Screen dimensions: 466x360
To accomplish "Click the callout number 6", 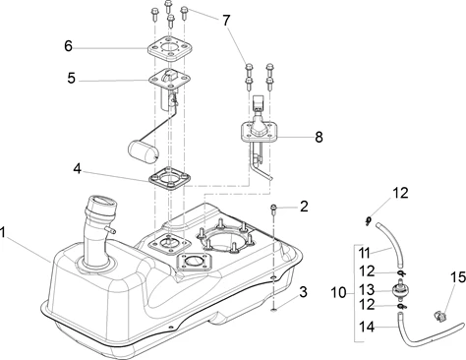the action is [x=68, y=46].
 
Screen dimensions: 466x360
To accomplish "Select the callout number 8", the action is [x=319, y=137].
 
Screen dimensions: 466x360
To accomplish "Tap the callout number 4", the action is [x=77, y=169].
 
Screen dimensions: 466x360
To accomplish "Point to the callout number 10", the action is [x=338, y=292].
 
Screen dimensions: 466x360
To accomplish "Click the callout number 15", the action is [x=458, y=277].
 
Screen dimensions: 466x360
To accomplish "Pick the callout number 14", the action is [x=367, y=327].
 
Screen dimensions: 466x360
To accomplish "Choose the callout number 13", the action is [x=367, y=290].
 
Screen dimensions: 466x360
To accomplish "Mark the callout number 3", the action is [x=303, y=292].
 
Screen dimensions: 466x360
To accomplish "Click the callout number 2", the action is [x=304, y=207].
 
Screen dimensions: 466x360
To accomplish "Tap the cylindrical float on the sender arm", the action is [x=143, y=151].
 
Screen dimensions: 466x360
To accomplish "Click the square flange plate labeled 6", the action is [x=168, y=49].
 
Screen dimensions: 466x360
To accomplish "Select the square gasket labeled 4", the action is [x=170, y=180].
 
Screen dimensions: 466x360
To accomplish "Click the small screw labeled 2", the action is [x=273, y=209].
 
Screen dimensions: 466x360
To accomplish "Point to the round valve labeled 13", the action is [x=400, y=290].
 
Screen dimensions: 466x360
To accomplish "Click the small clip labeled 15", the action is [x=438, y=317].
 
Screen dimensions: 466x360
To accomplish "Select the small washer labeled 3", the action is [x=273, y=310].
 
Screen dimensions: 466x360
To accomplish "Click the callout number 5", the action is [x=71, y=79].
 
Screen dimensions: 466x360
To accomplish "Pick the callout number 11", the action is [x=364, y=253].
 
